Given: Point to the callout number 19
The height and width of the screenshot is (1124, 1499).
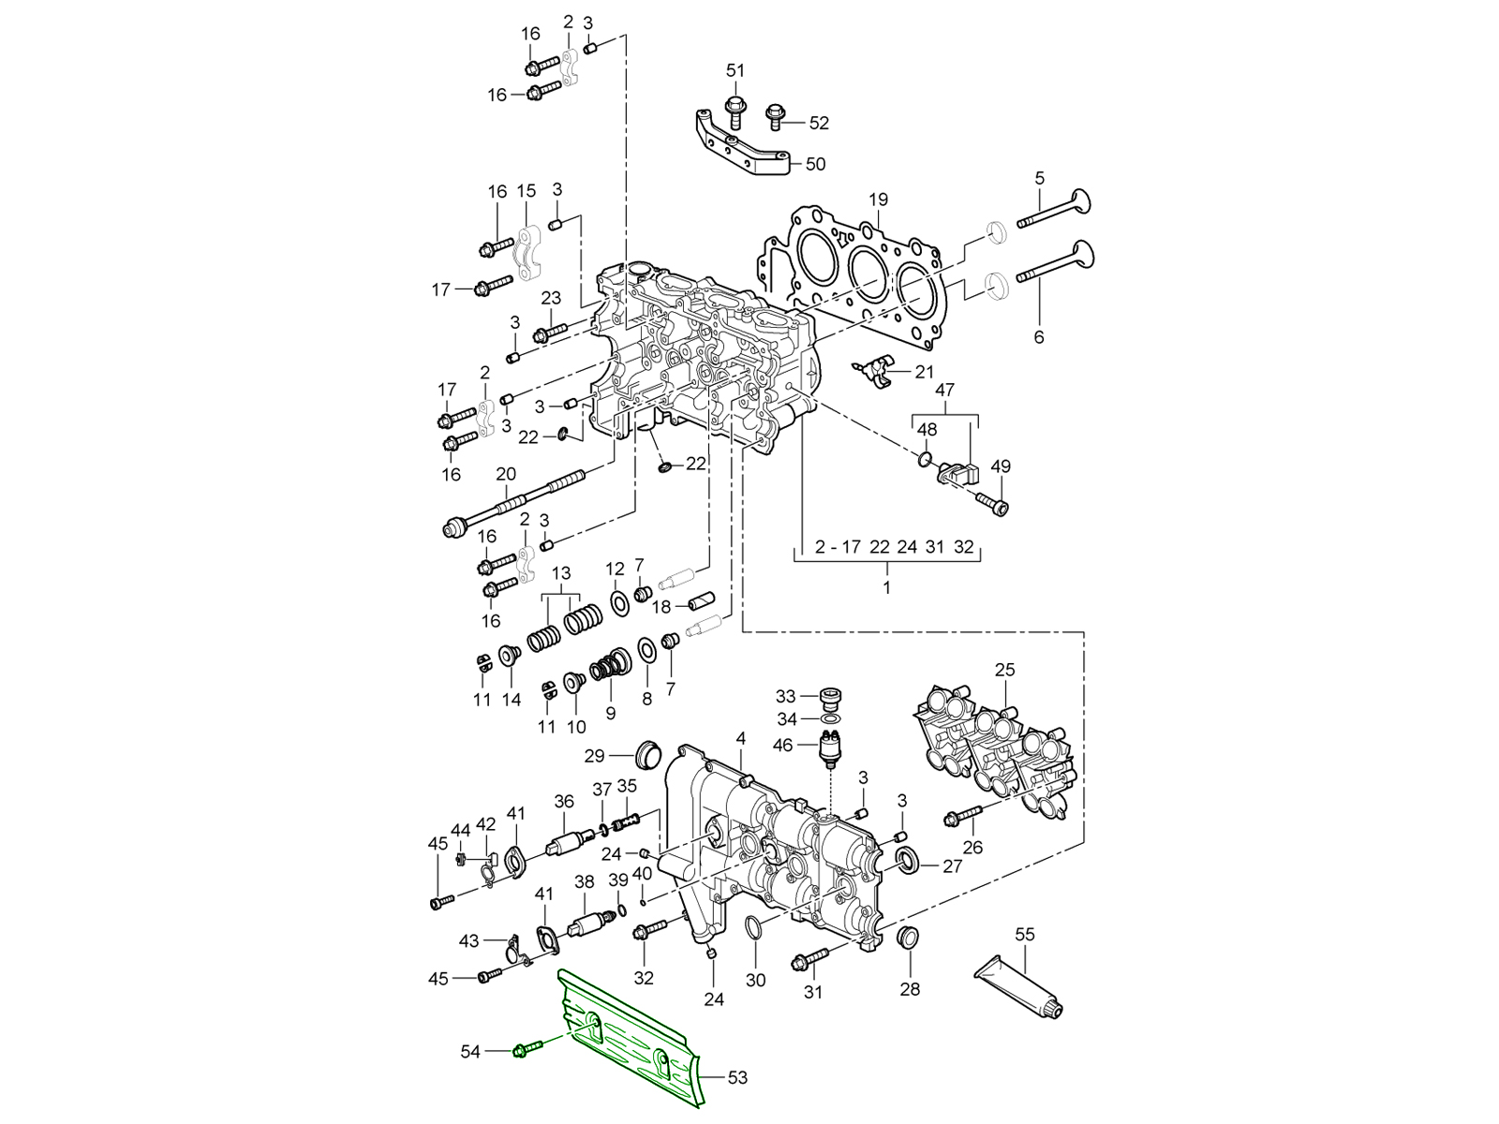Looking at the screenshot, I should coord(877,200).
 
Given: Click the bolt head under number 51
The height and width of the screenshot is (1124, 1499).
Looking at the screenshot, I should coord(735,103).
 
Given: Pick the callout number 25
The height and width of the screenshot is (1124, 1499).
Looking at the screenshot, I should coord(1005,670).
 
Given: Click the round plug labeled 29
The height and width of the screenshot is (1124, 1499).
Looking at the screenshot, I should coord(647,754).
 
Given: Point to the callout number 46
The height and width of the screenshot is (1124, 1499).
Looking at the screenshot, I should coord(783,746).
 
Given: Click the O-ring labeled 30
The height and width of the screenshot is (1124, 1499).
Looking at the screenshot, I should coord(755,929).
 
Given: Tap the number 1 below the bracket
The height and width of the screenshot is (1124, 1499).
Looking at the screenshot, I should coord(886,588).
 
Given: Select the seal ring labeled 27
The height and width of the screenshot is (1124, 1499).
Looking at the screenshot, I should coord(908,861).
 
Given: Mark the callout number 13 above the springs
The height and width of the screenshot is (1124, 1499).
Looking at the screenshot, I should coord(560,573).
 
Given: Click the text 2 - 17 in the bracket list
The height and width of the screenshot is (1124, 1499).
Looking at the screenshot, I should coord(837,548).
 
